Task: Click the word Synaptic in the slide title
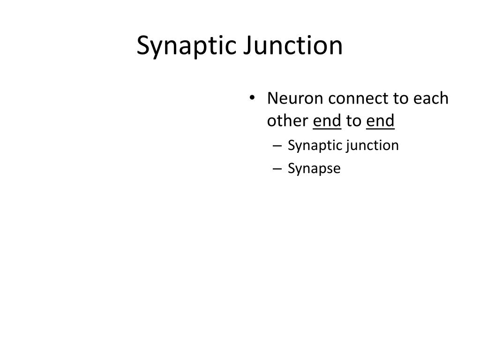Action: point(186,46)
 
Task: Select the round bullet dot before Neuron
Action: point(253,99)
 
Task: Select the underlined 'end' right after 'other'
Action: point(327,121)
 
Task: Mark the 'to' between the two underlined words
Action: point(353,121)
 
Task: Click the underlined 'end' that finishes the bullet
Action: point(381,121)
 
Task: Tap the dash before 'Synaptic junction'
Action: point(277,146)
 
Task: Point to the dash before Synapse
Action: point(277,169)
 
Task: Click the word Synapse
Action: point(314,169)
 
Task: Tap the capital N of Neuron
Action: point(272,99)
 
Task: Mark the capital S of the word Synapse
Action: point(291,168)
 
